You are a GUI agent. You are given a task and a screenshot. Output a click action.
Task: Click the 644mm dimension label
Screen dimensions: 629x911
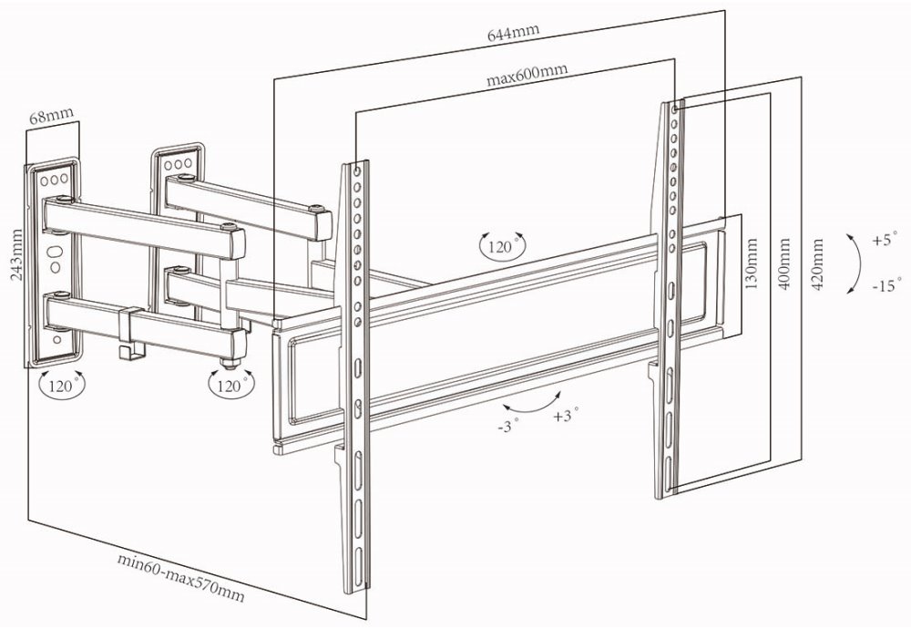tap(513, 33)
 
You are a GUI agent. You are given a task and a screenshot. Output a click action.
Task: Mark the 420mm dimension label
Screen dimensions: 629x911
tap(817, 263)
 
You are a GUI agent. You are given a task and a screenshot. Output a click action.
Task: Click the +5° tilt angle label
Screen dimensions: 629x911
tap(883, 241)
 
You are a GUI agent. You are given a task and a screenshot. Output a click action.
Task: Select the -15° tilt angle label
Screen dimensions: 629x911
tap(884, 285)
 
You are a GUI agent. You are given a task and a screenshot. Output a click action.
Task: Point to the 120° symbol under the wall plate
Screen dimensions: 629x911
tap(62, 385)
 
